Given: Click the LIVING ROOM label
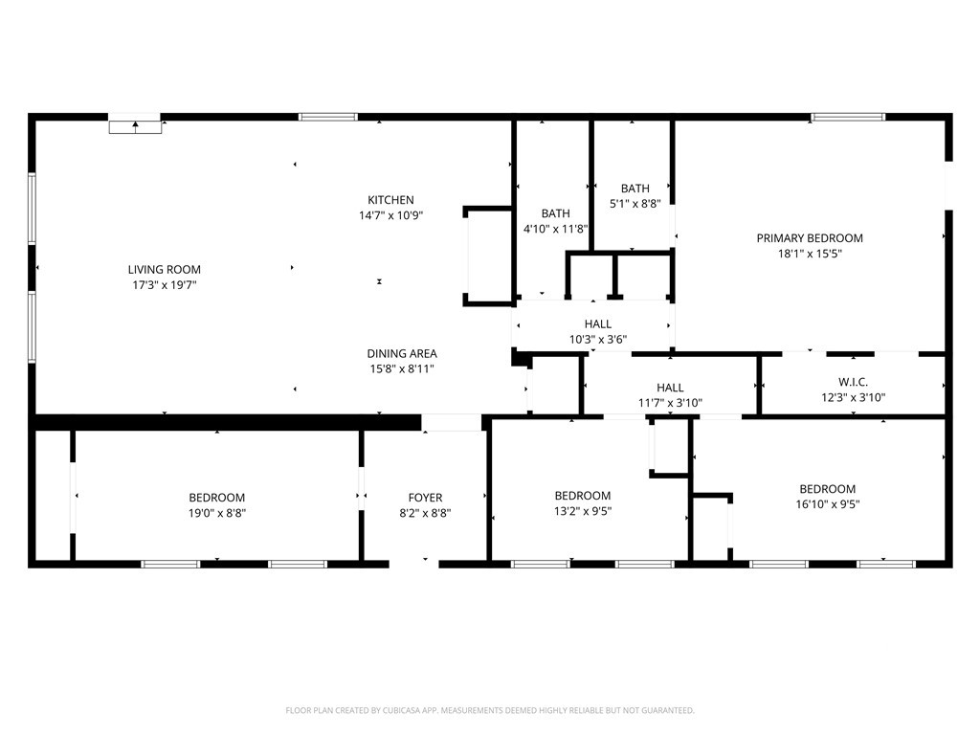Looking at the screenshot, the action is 165,269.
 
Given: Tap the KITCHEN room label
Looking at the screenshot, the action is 390,200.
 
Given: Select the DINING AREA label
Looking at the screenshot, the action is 402,353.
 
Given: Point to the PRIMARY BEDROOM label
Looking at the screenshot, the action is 810,238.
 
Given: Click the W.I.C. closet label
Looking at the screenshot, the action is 853,382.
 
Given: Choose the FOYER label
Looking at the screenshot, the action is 425,498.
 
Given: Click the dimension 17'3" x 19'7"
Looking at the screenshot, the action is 165,285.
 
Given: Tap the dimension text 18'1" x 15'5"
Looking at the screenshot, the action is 810,254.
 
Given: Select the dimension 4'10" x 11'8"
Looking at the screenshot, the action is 556,229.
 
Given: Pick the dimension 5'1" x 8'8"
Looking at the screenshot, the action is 635,204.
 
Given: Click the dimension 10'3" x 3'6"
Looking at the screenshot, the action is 598,340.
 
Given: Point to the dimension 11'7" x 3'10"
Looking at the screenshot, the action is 670,403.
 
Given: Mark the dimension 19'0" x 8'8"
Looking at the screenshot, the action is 217,513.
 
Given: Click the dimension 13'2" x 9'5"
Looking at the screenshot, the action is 583,511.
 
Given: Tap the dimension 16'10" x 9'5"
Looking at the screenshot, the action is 828,504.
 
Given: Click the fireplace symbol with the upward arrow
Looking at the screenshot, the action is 136,126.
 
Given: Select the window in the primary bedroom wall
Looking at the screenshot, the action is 848,117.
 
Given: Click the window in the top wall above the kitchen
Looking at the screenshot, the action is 327,117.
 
